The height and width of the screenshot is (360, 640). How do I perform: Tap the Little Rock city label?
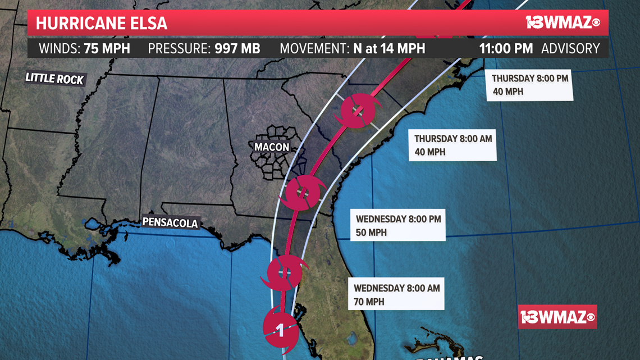click(x=54, y=78)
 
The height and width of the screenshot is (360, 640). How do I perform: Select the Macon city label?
click(x=272, y=147)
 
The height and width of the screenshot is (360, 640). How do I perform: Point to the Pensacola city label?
click(x=170, y=222)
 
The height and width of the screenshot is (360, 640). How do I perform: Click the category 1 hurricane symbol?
click(x=280, y=330)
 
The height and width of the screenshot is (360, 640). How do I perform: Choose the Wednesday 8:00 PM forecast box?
click(x=398, y=225)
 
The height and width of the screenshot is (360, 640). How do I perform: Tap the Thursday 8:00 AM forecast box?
click(x=452, y=145)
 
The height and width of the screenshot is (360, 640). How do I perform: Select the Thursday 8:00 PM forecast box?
click(x=530, y=85)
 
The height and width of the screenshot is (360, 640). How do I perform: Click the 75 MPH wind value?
click(x=107, y=48)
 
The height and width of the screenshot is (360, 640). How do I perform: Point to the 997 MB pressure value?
click(x=237, y=48)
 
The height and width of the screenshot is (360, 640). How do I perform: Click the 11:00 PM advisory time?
click(x=506, y=48)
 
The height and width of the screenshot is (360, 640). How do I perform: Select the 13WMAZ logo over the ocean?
click(x=557, y=317)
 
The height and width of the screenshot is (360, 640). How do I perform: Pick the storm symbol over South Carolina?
click(x=358, y=111)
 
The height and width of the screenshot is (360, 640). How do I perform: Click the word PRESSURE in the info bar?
click(x=179, y=48)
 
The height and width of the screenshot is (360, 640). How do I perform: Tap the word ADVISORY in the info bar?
click(x=570, y=48)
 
